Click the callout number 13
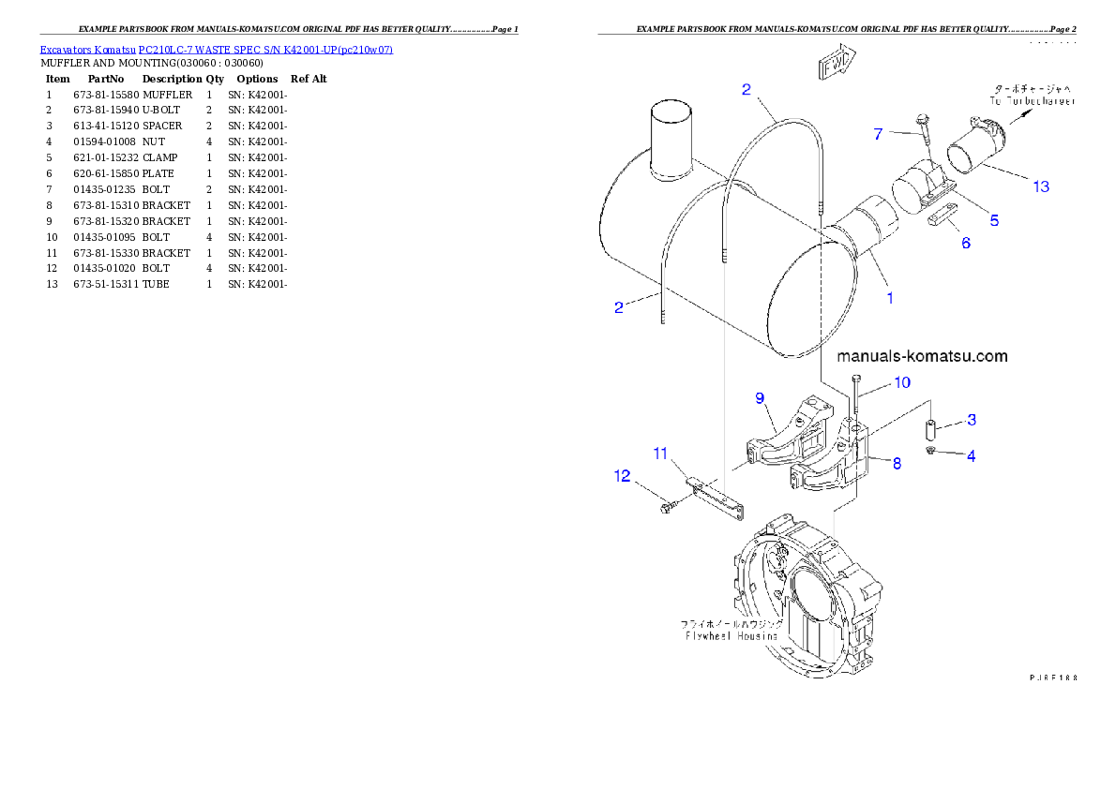(x=1041, y=186)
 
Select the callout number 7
(x=878, y=134)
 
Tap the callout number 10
(x=901, y=382)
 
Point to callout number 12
(x=623, y=476)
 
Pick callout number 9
(x=761, y=397)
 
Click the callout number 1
(x=890, y=299)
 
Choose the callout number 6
(x=965, y=244)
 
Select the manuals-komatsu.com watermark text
(x=922, y=356)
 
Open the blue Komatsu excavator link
(x=216, y=49)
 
